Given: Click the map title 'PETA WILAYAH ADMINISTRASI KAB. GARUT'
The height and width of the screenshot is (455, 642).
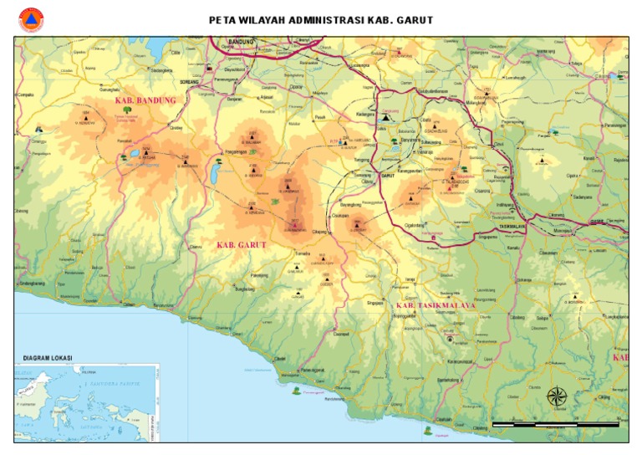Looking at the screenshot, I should point(321,20).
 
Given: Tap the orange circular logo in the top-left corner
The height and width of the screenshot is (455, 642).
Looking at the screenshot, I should point(31,19).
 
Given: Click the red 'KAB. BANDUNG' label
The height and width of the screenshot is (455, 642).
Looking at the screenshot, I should point(145,100).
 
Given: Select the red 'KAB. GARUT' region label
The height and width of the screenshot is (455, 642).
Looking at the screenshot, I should point(241,245).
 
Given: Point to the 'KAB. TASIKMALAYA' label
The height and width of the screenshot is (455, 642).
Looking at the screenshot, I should point(435,305).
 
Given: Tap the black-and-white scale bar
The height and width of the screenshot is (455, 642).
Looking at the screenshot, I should point(555,425).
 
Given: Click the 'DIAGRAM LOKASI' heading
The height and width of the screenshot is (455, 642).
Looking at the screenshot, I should point(47,358).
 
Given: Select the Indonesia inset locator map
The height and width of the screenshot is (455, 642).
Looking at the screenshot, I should point(87,402).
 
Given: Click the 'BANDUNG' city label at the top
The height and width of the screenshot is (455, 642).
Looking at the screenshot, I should point(240,41).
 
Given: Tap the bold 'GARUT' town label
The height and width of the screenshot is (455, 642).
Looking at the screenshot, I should point(388,176).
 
